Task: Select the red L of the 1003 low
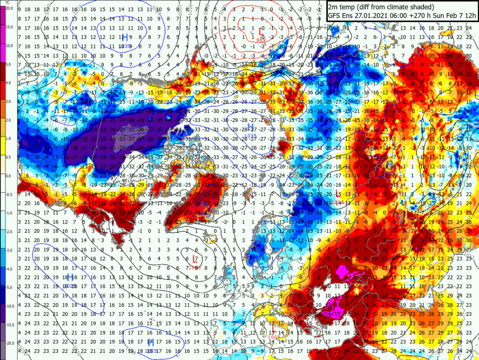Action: [194, 259]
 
